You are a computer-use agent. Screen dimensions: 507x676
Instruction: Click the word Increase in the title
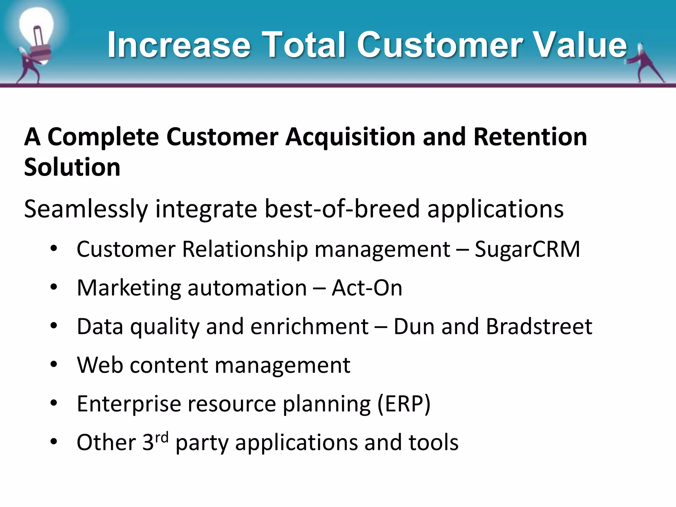(179, 45)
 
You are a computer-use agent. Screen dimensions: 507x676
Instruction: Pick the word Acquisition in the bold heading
(350, 137)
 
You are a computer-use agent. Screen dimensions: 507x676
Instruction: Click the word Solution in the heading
(72, 167)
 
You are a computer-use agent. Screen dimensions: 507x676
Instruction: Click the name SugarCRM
(527, 249)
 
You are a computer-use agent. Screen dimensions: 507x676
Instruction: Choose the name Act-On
(367, 288)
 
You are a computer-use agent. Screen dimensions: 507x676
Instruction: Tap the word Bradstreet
(539, 326)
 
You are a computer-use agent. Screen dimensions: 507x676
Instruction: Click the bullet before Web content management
(54, 365)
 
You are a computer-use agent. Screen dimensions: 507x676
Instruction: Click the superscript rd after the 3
(162, 438)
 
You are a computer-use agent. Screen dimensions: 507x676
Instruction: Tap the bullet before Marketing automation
(54, 287)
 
